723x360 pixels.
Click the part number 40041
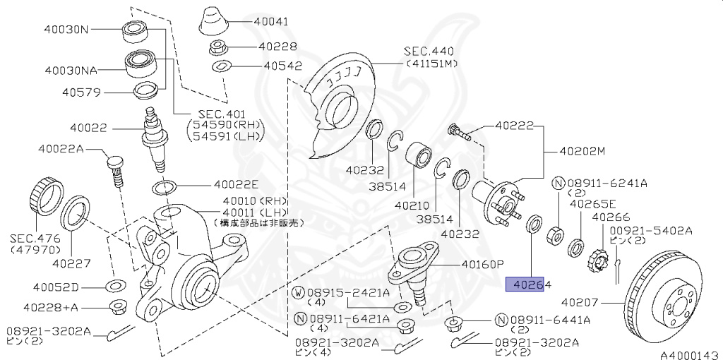pyautogui.click(x=271, y=22)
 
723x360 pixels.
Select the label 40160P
pyautogui.click(x=482, y=265)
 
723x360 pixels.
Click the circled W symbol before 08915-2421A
pyautogui.click(x=299, y=293)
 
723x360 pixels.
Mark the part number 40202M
pyautogui.click(x=582, y=150)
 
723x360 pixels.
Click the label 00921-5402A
pyautogui.click(x=651, y=231)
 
